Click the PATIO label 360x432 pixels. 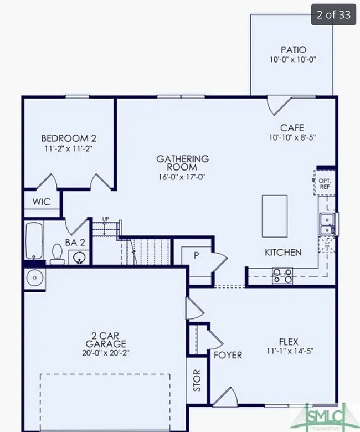coord(292,49)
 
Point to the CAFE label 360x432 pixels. coord(292,127)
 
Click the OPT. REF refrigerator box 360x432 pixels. coord(325,183)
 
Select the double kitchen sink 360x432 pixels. coord(327,223)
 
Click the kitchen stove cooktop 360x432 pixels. coord(282,275)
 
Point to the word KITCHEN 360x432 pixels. coord(283,253)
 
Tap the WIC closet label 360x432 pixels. coord(42,202)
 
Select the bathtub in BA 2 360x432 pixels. coord(34,241)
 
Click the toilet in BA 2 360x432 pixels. coord(56,255)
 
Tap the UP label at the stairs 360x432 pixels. coord(105,219)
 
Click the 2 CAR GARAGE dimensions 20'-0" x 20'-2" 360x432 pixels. coord(104,352)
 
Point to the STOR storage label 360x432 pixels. coord(197,380)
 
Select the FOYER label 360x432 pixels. coord(228,354)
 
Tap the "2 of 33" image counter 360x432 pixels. coord(333,14)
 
